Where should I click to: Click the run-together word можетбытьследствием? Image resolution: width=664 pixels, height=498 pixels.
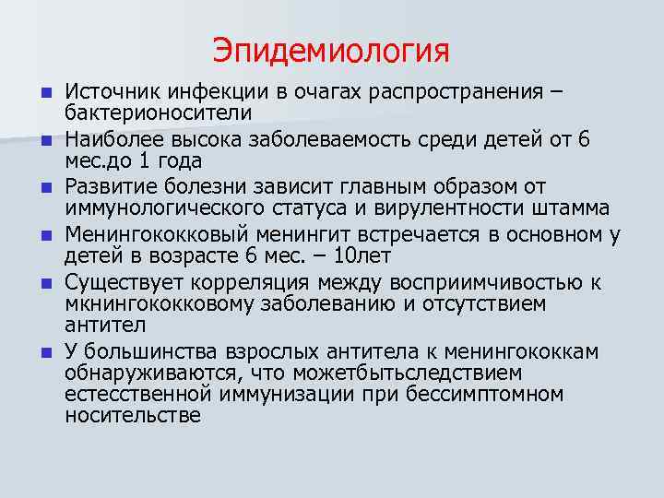click(391, 373)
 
